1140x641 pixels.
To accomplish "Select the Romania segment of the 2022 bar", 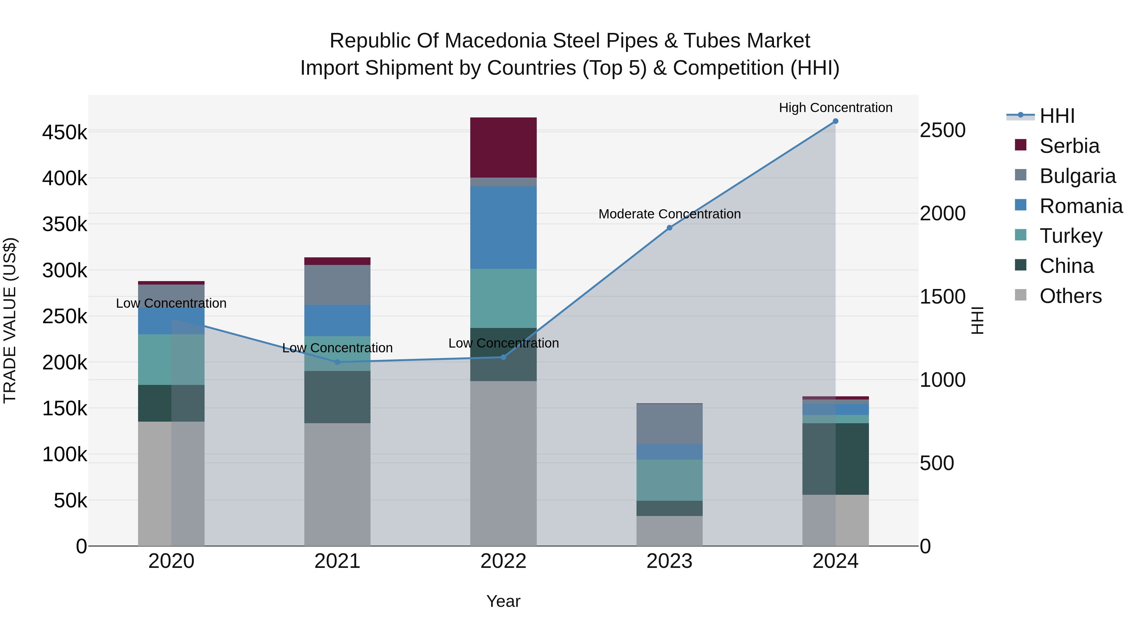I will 503,227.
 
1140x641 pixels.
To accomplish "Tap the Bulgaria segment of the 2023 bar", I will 669,424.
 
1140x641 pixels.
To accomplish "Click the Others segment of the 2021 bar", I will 337,484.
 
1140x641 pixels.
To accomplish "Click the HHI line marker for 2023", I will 669,228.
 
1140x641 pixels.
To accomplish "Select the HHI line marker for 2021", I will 337,362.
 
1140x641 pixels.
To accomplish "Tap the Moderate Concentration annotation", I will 669,214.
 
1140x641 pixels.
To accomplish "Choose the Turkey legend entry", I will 1071,236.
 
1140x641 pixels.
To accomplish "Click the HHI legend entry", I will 1057,116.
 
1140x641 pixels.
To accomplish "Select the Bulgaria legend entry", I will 1077,176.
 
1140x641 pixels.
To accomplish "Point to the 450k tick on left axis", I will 65,132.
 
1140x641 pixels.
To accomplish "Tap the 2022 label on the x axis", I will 503,561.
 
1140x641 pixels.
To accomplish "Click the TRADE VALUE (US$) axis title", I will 10,320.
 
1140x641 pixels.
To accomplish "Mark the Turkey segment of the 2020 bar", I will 171,360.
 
